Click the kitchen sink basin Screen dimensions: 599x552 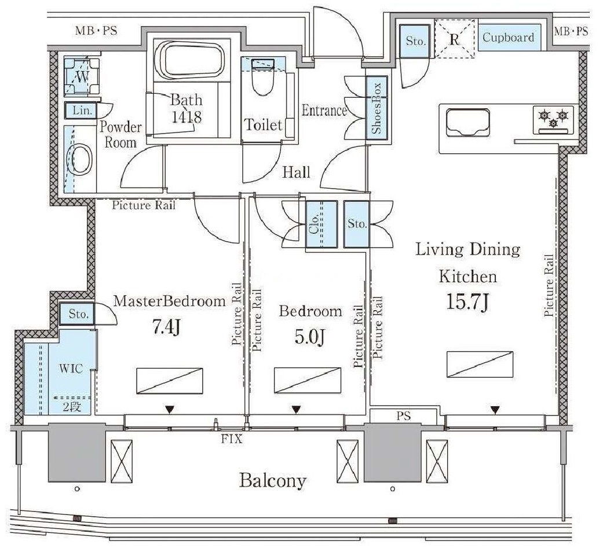[x=468, y=122]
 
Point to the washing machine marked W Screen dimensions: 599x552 [x=82, y=76]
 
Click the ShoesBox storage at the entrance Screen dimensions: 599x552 [x=377, y=108]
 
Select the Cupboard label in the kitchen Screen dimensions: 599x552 [x=508, y=38]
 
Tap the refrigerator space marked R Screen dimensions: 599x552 [x=454, y=39]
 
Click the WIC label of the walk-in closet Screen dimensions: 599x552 [x=71, y=369]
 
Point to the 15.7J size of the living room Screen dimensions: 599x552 [x=468, y=303]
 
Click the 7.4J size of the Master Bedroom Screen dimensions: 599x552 [x=166, y=327]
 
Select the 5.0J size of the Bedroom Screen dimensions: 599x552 [x=309, y=337]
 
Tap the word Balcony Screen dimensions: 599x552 [x=273, y=481]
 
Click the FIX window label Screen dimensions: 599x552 [x=232, y=439]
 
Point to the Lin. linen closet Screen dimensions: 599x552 [x=81, y=111]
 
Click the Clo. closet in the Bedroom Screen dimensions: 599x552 [x=322, y=225]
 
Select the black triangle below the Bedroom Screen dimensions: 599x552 [x=296, y=410]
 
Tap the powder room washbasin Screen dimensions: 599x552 [x=80, y=160]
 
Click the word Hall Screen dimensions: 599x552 [x=296, y=172]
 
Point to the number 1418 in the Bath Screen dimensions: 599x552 [x=187, y=117]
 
